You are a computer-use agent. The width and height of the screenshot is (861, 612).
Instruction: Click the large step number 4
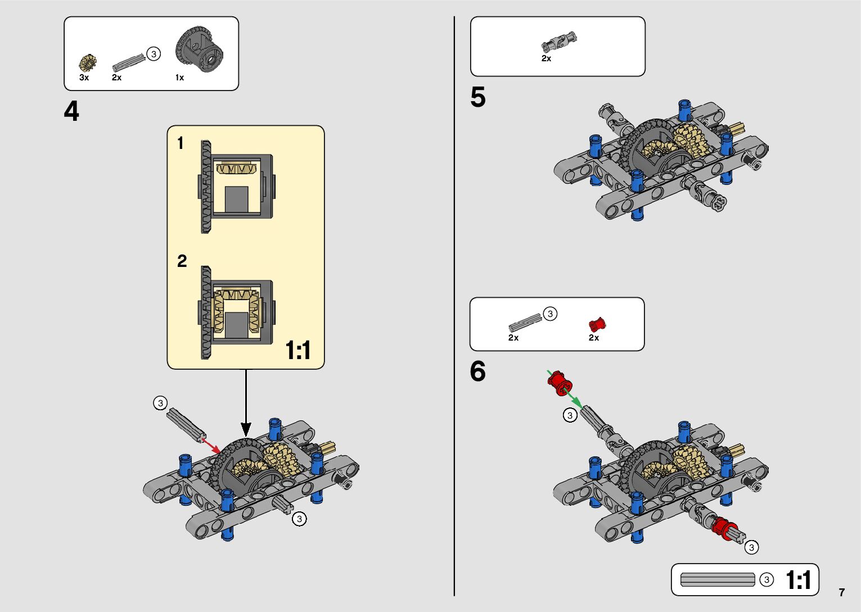(71, 111)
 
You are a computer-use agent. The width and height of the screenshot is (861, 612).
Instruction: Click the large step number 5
(477, 97)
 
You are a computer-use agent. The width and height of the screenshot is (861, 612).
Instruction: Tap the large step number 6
(477, 371)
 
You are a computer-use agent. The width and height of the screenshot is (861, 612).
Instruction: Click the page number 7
(841, 592)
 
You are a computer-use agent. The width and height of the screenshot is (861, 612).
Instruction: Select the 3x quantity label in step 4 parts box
(84, 78)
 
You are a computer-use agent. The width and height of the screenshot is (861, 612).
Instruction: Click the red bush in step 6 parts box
(597, 324)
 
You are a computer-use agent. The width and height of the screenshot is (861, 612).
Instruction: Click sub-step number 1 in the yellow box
(181, 143)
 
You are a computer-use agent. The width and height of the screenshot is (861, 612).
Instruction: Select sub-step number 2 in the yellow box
(182, 261)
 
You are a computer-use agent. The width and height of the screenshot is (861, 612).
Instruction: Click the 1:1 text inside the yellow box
(298, 351)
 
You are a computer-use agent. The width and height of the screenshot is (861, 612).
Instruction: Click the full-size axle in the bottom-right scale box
(718, 579)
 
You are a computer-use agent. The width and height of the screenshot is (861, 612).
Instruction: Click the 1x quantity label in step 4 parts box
(179, 78)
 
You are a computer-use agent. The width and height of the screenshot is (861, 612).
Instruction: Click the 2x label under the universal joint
(546, 58)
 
